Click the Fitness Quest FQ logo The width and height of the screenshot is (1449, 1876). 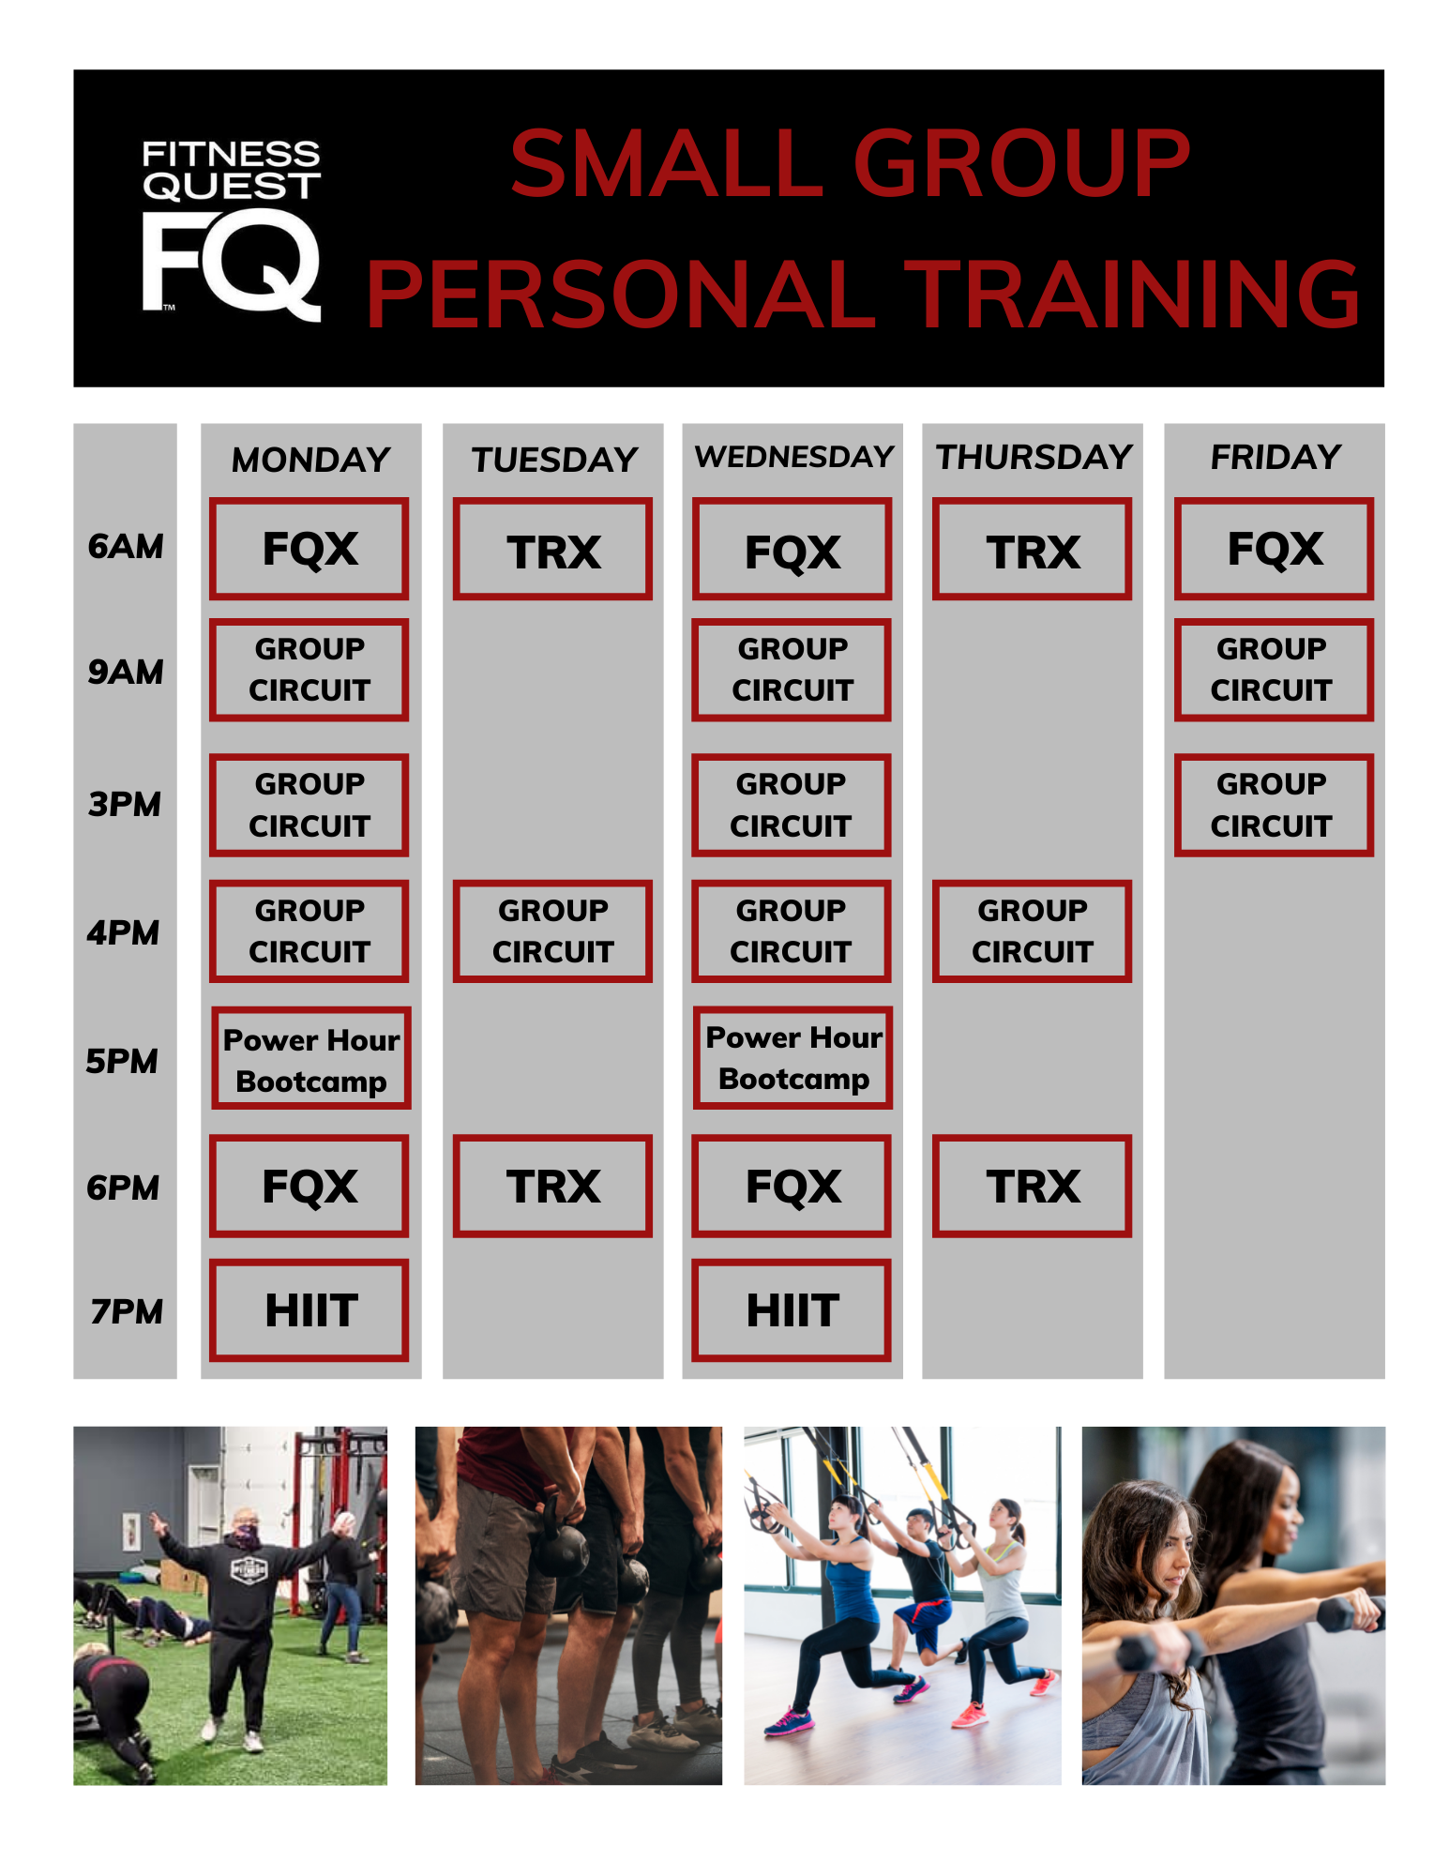tap(231, 231)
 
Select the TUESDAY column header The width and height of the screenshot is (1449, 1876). tap(554, 460)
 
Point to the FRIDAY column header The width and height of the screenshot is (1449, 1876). tap(1275, 457)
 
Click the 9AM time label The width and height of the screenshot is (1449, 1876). tap(125, 672)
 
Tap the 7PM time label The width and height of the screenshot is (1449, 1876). tap(127, 1311)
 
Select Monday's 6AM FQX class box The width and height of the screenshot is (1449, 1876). tap(309, 549)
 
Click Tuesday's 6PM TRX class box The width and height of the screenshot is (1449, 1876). tap(552, 1187)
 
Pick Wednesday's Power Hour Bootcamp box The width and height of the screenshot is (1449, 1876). tap(793, 1058)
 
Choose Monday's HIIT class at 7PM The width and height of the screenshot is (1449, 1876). tap(309, 1310)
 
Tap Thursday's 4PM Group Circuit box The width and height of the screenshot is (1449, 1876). tap(1033, 931)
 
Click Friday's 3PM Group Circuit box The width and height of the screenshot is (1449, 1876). tap(1274, 805)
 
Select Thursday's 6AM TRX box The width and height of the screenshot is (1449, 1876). tap(1033, 549)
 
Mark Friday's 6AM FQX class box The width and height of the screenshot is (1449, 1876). tap(1274, 549)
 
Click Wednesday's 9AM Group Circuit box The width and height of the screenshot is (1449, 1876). tap(792, 670)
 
